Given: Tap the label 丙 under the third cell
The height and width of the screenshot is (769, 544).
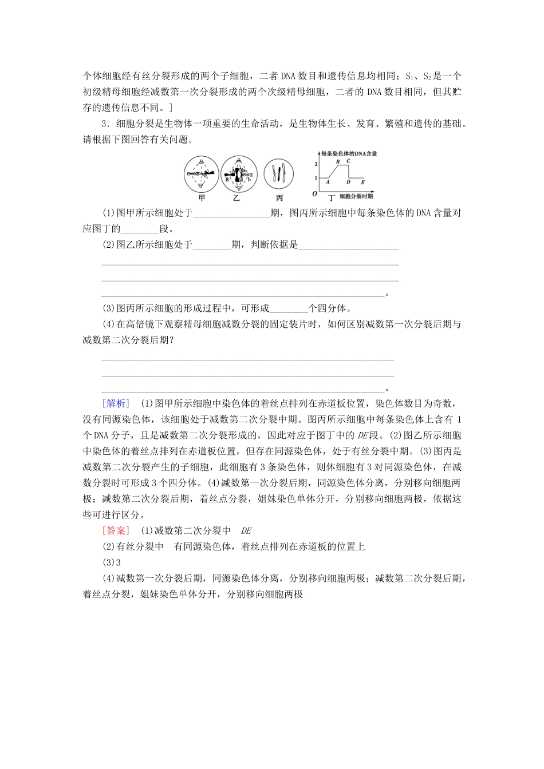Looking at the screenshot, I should tap(279, 198).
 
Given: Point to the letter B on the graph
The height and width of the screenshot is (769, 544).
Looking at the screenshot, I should tap(338, 162).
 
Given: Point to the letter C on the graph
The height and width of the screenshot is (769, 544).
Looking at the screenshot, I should tap(348, 162).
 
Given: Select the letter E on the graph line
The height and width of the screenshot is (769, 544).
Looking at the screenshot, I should tap(362, 183).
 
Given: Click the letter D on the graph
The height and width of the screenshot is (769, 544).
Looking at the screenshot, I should tap(348, 183).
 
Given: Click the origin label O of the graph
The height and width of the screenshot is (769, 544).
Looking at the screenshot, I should tap(315, 195).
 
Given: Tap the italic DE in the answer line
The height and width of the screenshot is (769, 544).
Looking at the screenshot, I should tap(246, 530).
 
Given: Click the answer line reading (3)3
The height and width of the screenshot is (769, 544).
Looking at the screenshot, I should tap(110, 562).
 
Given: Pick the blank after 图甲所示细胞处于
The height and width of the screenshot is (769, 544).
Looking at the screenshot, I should tap(232, 213).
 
